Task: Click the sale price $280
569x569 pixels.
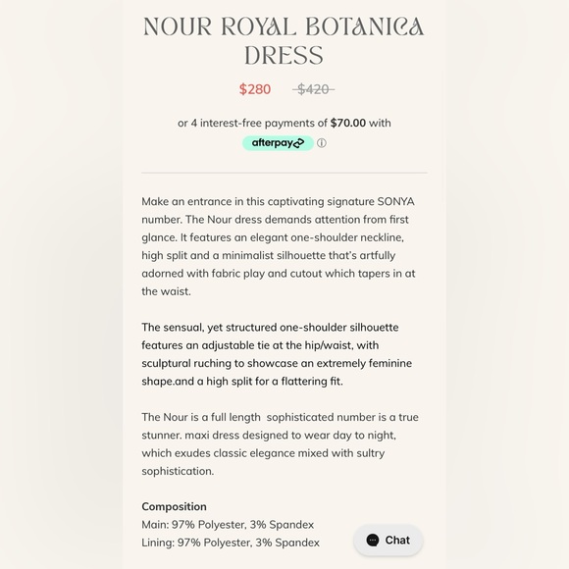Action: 255,89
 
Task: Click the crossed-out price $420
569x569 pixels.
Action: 313,89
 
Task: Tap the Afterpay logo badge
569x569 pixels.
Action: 278,143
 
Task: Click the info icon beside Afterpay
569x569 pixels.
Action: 322,143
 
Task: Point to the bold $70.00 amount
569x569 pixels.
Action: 348,123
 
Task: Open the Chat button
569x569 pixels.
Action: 388,540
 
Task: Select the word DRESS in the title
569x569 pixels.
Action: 284,55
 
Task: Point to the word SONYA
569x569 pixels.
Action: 395,201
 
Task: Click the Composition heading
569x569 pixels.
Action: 174,506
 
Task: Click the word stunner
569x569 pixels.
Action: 162,435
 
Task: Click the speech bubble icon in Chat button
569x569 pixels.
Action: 373,540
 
